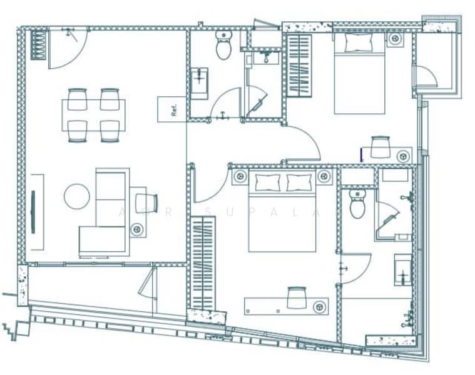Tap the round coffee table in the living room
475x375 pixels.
point(76,196)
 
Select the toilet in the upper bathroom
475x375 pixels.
point(223,45)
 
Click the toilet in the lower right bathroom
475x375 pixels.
point(357,204)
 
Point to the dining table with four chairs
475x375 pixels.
point(93,115)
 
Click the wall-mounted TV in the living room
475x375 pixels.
point(33,212)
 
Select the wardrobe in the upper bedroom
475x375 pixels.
point(299,65)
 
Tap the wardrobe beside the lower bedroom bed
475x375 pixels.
point(203,263)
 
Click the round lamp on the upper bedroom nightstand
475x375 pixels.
point(395,39)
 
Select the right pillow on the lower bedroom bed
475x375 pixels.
point(299,182)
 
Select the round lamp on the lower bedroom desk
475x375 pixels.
point(320,306)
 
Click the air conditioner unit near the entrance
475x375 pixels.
point(39,44)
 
